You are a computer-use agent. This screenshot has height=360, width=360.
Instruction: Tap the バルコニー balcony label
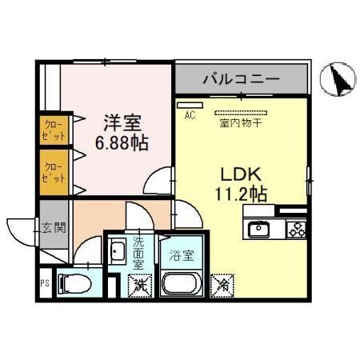point(240,79)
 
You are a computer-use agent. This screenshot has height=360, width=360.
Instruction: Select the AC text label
point(190,115)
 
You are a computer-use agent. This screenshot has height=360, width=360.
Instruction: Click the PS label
point(44,282)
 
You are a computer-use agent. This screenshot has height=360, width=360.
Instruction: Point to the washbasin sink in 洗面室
point(117,253)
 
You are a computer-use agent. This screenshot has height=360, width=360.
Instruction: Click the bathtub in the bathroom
point(182,283)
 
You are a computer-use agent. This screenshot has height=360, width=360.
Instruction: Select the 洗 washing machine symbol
point(141,282)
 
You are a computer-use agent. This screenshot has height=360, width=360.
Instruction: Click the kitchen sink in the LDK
point(260,230)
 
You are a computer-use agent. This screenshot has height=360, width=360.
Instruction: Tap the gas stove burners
point(295,230)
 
